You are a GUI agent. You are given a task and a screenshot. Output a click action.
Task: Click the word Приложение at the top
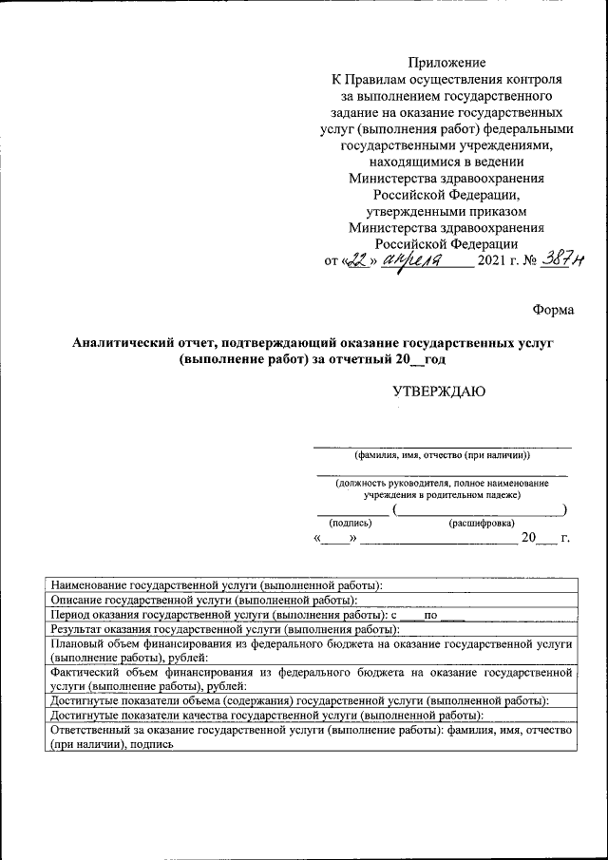[446, 62]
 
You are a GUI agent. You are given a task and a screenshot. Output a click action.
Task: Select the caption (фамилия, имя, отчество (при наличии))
[443, 455]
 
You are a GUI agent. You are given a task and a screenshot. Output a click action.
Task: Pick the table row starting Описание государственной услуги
[203, 601]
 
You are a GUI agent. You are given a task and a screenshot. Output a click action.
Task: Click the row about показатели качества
[266, 715]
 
